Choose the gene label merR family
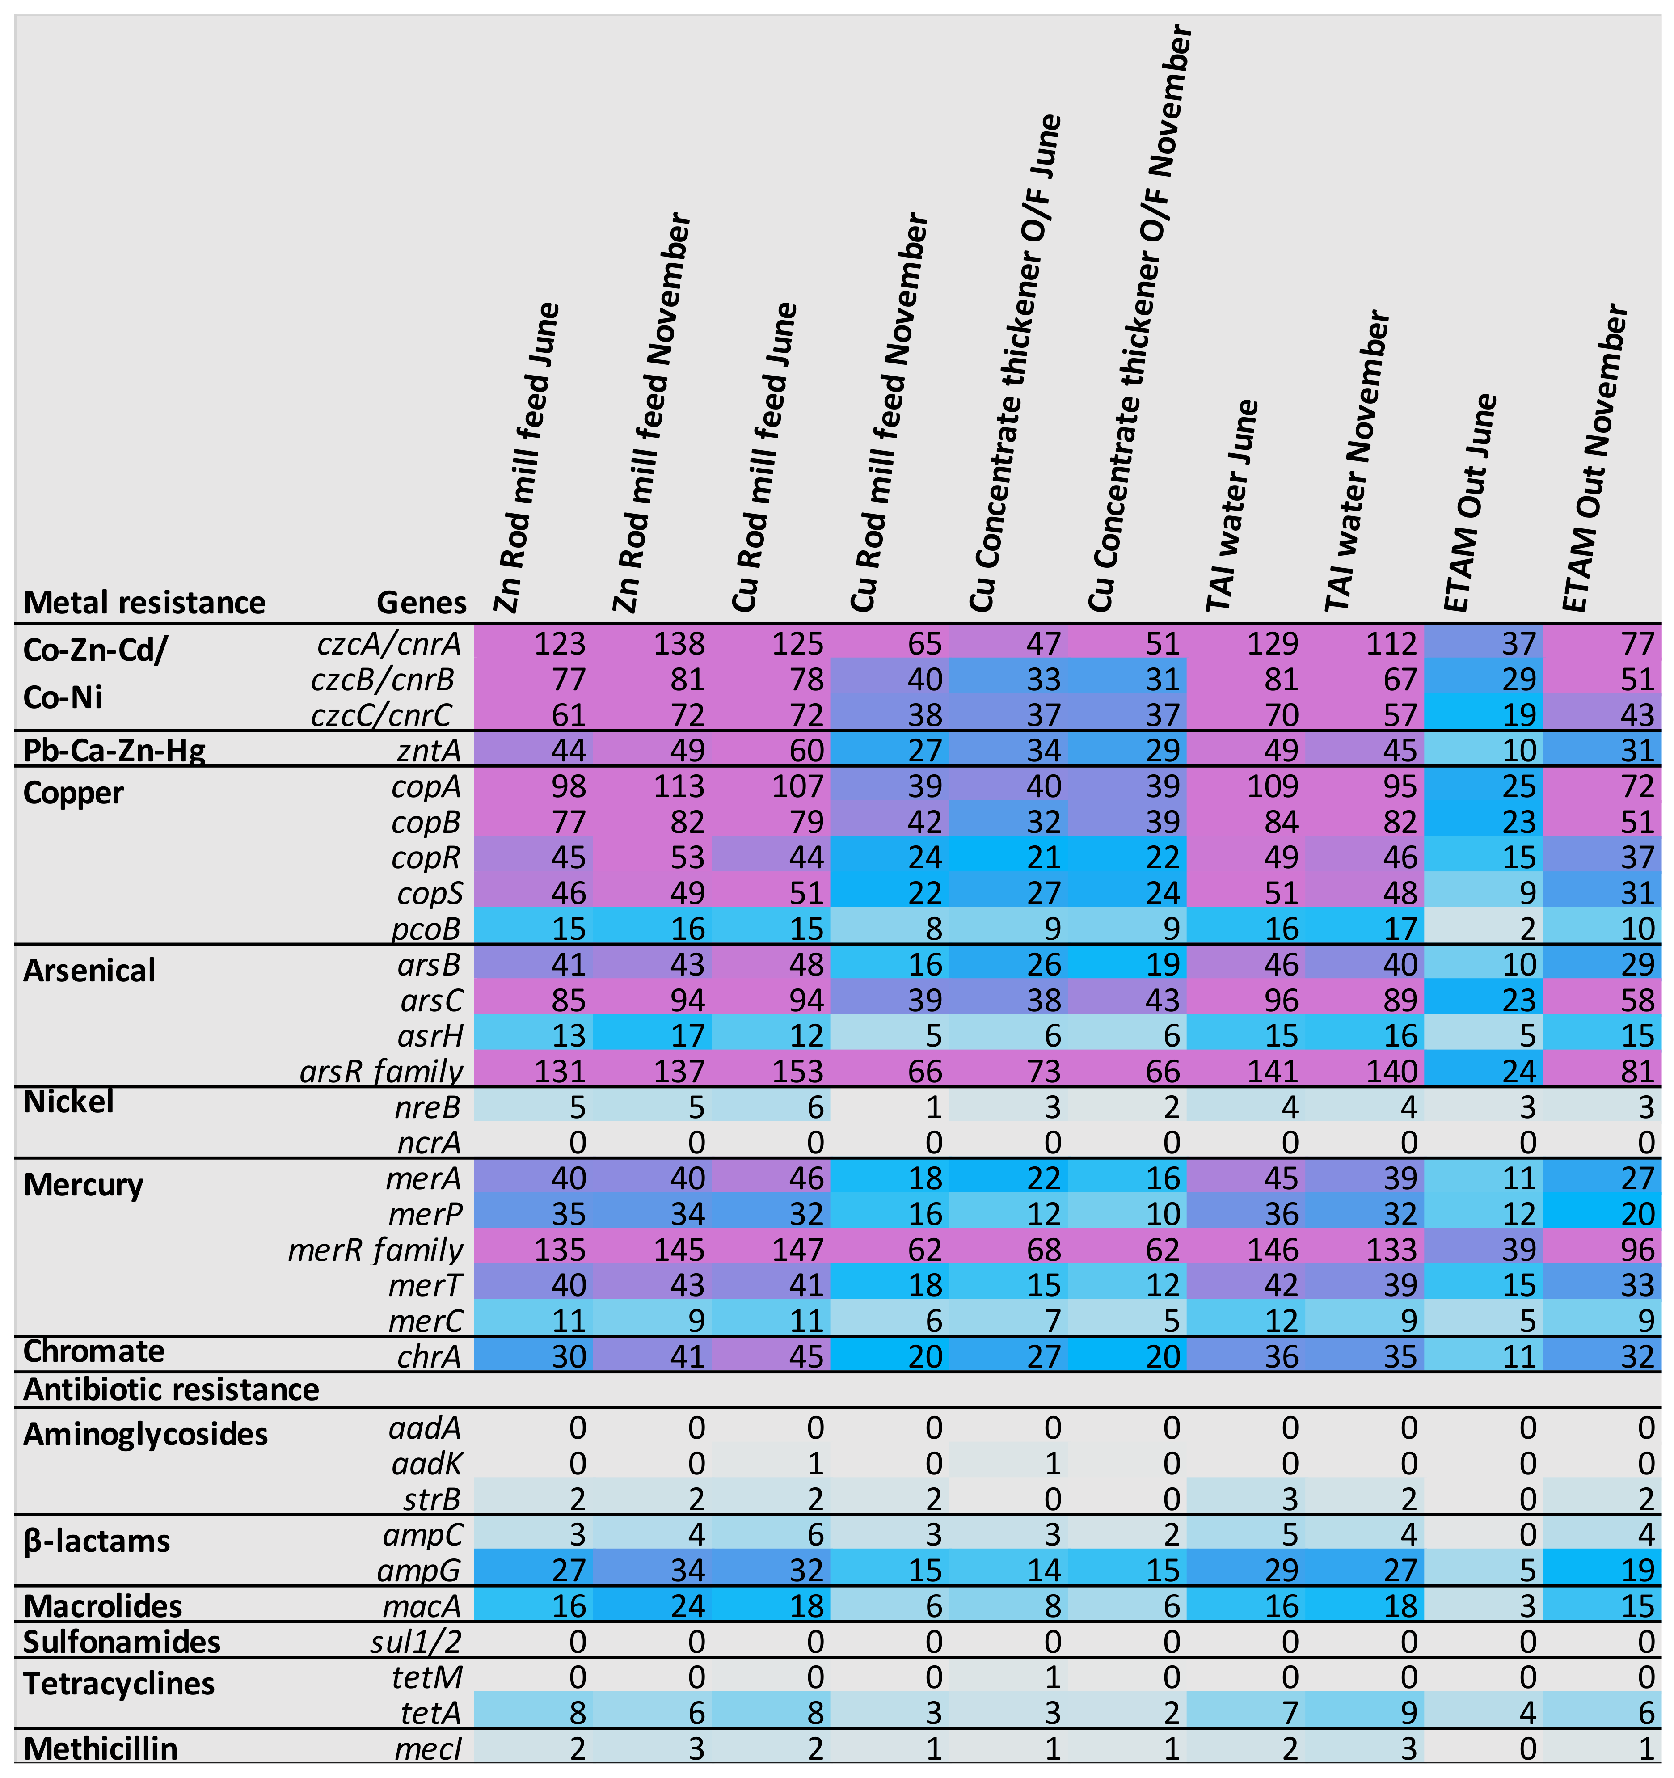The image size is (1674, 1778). [x=375, y=1250]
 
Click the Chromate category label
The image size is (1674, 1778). [x=94, y=1351]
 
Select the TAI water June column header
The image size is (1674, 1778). [x=1232, y=505]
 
